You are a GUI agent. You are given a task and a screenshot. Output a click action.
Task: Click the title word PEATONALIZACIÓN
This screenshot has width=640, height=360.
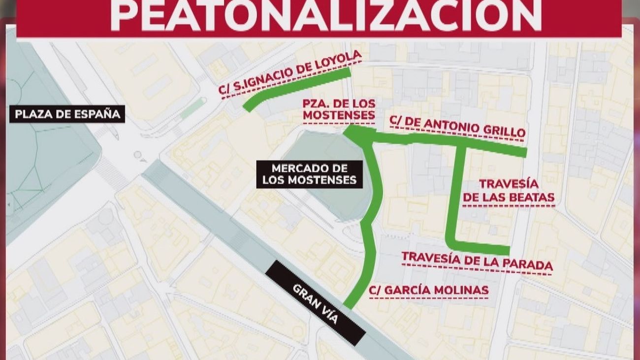[325, 15]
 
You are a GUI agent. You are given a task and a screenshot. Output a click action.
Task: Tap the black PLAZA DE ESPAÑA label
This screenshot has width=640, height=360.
[67, 114]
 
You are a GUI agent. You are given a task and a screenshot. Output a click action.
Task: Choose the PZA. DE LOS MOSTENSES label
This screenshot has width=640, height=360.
[339, 110]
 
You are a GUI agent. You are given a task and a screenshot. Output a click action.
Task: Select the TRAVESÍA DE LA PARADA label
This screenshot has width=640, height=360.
[477, 261]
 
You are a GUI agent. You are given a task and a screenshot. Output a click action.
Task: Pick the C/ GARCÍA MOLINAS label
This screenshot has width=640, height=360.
[429, 290]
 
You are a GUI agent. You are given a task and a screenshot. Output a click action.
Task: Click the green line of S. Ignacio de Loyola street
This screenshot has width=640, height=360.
[295, 89]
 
